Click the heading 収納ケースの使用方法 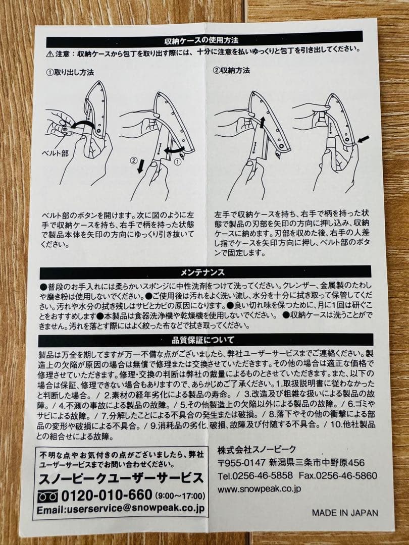[205, 39]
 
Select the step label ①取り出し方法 [70, 72]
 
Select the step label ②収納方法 [231, 70]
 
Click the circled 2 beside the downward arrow [134, 161]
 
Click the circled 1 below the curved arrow [177, 163]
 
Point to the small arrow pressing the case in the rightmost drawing [363, 138]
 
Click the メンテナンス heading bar [206, 272]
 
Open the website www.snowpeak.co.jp [259, 488]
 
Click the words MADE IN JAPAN [344, 512]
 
